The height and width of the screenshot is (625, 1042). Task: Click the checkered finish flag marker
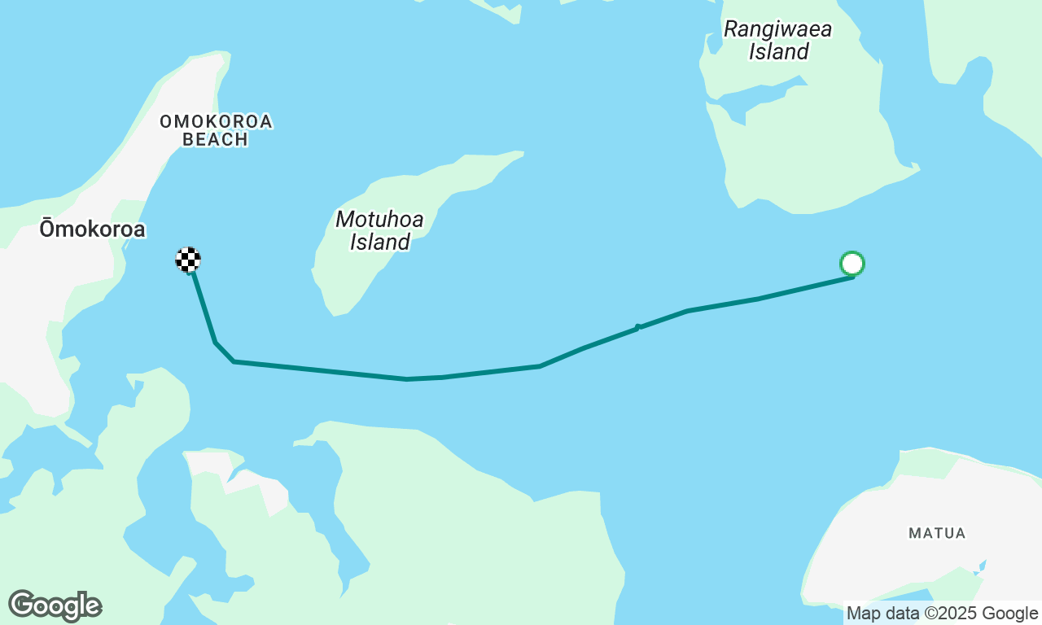click(x=188, y=260)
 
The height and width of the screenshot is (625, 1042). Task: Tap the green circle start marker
click(x=852, y=264)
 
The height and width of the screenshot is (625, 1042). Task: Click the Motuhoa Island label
click(x=379, y=230)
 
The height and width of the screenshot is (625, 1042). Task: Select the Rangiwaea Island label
click(x=778, y=41)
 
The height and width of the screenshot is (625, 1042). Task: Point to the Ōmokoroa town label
click(x=92, y=229)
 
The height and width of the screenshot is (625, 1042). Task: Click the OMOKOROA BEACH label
click(x=216, y=130)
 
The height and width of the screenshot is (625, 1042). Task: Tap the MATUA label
click(x=937, y=533)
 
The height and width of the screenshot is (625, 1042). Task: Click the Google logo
click(x=55, y=605)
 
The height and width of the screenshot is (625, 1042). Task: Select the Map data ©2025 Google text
click(x=942, y=614)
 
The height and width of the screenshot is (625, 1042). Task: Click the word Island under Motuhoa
click(x=380, y=242)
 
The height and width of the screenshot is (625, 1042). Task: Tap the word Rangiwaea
click(x=778, y=30)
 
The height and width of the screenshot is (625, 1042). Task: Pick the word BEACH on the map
click(x=216, y=139)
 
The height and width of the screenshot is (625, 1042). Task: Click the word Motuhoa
click(x=379, y=219)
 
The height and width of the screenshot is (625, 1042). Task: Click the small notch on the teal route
click(x=638, y=327)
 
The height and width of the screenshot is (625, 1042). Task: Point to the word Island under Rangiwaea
click(x=779, y=52)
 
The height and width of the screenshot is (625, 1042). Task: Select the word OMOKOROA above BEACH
click(x=216, y=121)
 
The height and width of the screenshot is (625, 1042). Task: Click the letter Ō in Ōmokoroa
click(x=46, y=229)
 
